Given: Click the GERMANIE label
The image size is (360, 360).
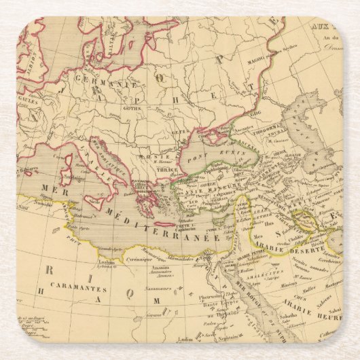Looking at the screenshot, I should point(102,86).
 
